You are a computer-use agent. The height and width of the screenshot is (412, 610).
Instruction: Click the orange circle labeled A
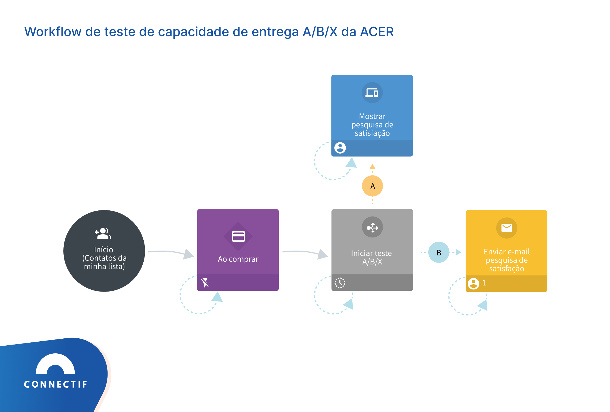(x=372, y=186)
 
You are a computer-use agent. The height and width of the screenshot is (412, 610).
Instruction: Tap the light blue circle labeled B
(x=439, y=252)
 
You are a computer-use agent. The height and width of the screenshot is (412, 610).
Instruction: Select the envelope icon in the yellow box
(x=506, y=228)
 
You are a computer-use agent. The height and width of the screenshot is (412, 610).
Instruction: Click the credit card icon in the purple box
(x=238, y=236)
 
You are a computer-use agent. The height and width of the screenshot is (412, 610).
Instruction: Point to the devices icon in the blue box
(x=372, y=93)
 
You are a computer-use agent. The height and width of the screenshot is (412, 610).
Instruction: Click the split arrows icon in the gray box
(x=372, y=227)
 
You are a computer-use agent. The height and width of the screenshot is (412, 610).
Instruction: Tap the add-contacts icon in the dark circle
(x=103, y=233)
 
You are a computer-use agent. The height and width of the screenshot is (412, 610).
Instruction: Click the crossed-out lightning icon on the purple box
(x=205, y=282)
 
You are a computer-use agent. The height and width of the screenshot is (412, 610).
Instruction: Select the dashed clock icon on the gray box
(x=340, y=283)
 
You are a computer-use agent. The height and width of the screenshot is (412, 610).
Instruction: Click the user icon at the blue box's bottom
(x=340, y=148)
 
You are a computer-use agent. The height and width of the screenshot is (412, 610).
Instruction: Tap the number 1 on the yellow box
(x=484, y=283)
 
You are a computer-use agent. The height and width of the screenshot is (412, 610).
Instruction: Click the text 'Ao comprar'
(x=238, y=259)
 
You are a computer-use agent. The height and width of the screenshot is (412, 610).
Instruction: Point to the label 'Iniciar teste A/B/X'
(x=372, y=257)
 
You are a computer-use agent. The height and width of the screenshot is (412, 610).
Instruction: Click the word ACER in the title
(x=377, y=32)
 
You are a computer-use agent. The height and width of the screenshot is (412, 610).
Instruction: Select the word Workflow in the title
(x=53, y=32)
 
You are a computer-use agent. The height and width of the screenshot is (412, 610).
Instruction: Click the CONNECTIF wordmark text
(x=56, y=384)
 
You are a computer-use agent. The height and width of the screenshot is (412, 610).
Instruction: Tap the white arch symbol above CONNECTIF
(x=55, y=364)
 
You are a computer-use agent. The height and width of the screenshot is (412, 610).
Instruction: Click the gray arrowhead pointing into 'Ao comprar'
(x=189, y=254)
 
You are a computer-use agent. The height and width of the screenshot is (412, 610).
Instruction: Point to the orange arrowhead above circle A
(x=372, y=167)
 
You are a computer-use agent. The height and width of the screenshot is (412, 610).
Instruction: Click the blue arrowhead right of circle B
(x=459, y=252)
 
